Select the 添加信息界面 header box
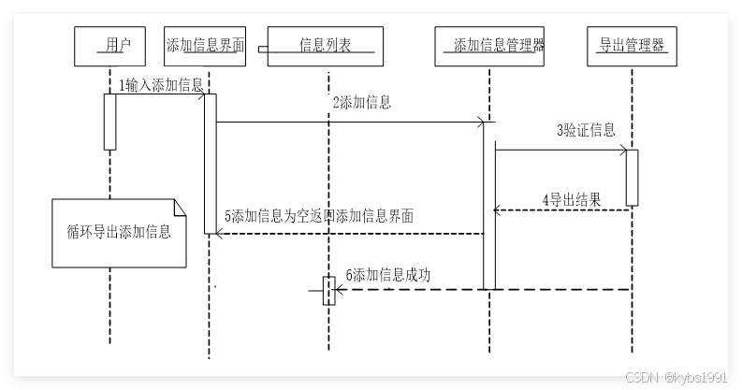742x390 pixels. (x=205, y=45)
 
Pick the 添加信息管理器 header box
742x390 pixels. (x=489, y=45)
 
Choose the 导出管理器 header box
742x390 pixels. (x=633, y=45)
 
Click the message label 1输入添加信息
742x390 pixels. (x=161, y=85)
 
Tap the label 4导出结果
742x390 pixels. (x=571, y=199)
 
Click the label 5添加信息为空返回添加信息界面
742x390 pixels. (x=319, y=216)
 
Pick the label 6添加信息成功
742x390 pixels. (x=388, y=274)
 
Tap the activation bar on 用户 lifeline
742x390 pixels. (x=109, y=122)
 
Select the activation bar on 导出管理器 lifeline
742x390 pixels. (x=633, y=177)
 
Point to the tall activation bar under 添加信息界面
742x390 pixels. (x=211, y=164)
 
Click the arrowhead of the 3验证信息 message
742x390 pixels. (x=622, y=150)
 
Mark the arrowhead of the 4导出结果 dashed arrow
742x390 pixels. (x=498, y=211)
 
